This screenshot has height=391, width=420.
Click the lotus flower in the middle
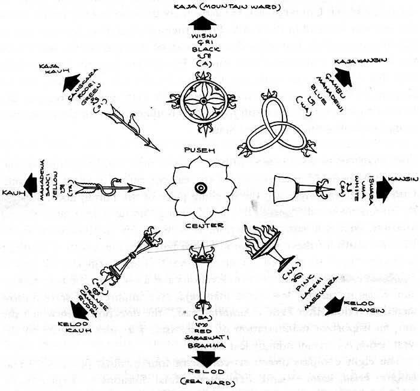(x=198, y=188)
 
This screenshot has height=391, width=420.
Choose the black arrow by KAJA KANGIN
(x=344, y=77)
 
